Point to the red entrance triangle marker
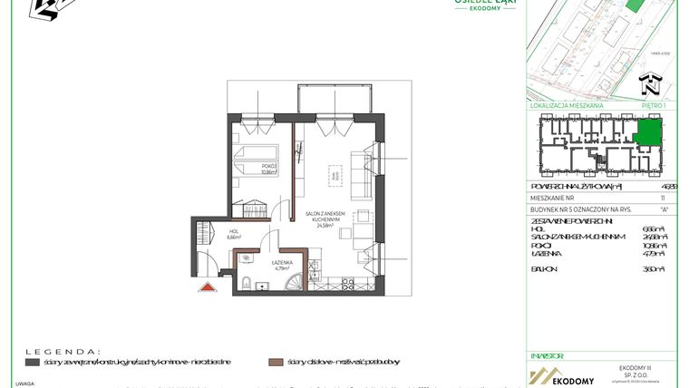point(207,287)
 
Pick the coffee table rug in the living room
point(336,177)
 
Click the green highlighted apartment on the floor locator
point(647,136)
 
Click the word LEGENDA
point(61,350)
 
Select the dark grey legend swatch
point(32,362)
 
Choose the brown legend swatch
point(274,362)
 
